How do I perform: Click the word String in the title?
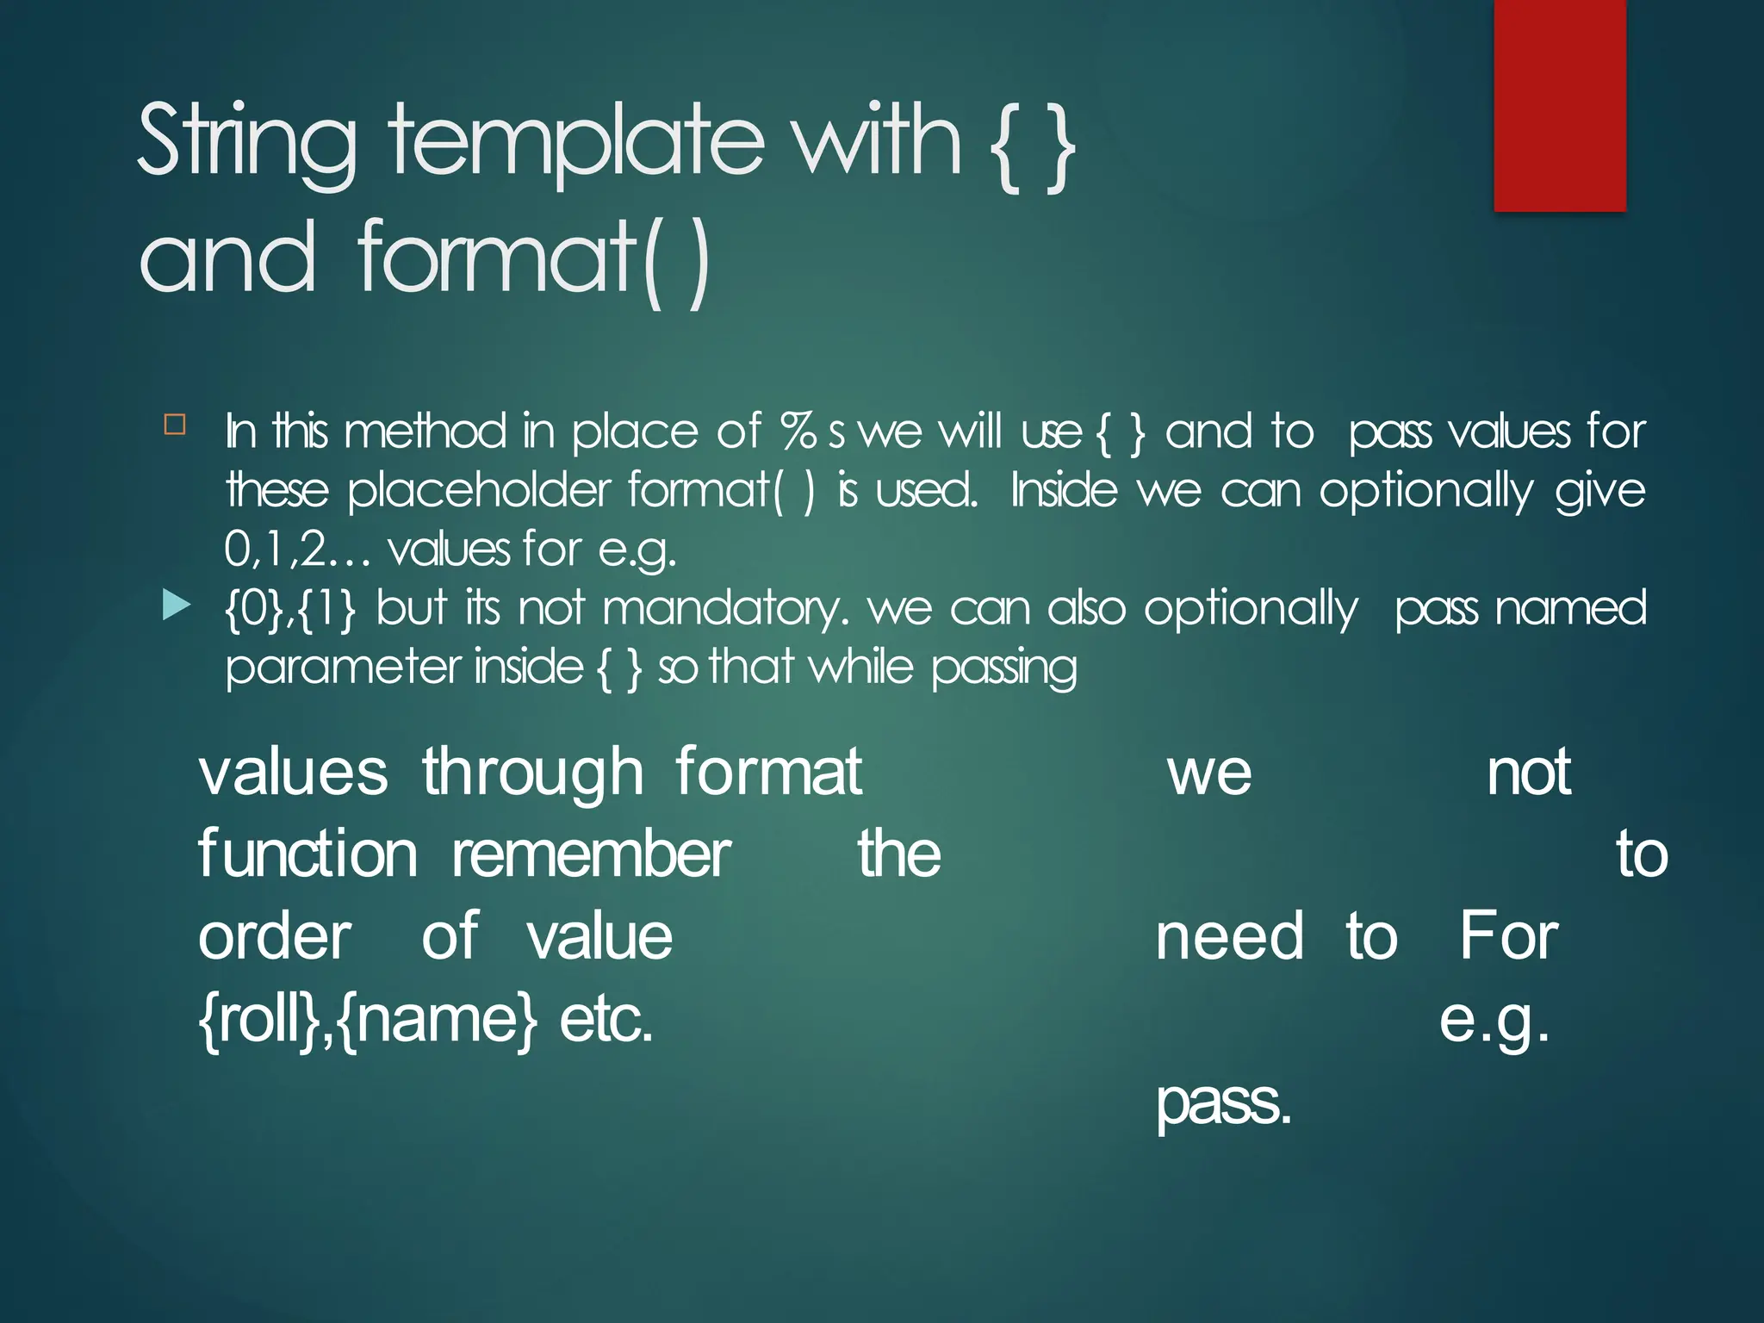point(246,140)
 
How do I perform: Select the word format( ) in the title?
point(534,257)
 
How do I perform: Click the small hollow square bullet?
point(175,424)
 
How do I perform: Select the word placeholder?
point(478,490)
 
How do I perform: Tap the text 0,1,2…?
point(297,549)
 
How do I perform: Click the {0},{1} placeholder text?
point(289,608)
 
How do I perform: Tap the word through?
point(532,773)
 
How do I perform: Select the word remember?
point(592,854)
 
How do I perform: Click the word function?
point(307,854)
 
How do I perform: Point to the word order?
point(275,937)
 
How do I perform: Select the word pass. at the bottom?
point(1223,1102)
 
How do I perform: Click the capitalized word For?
point(1508,937)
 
